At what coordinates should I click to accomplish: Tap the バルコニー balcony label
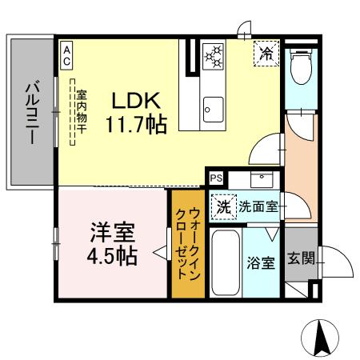point(31,111)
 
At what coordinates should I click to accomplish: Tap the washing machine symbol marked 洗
point(224,206)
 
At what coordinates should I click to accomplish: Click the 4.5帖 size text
point(111,256)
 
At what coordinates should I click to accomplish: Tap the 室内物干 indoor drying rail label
point(82,115)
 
